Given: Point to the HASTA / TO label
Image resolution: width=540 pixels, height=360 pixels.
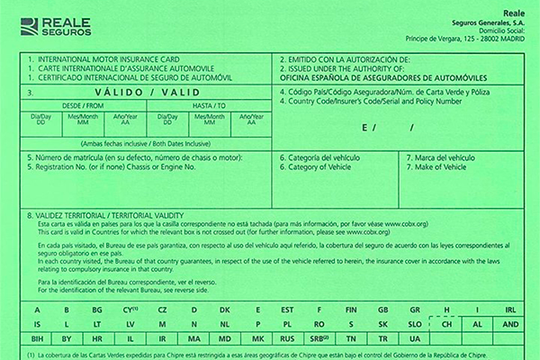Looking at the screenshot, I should [206, 105].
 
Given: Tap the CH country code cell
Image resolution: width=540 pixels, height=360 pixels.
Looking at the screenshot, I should [445, 323].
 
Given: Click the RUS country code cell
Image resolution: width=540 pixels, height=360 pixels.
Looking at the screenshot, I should [288, 338].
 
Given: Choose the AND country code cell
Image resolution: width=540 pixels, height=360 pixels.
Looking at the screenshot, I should [509, 323].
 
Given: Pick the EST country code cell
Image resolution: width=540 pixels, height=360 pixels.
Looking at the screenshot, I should [288, 309].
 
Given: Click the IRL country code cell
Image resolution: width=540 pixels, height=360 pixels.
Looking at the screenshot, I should [509, 309].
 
